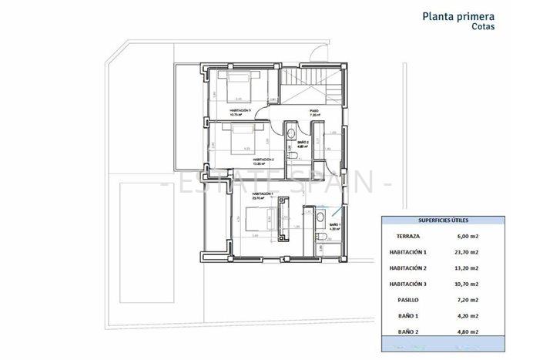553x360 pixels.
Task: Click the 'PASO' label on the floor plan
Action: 314,111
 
